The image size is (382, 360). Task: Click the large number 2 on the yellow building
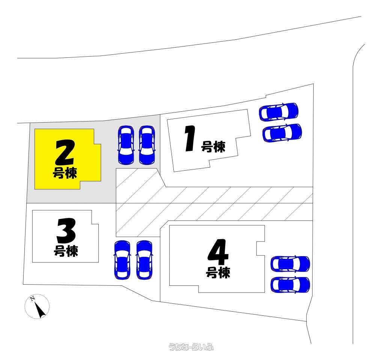65,153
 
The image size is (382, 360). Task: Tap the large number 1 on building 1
190,138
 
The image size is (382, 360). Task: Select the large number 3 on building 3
66,230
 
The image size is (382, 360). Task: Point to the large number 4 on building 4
218,252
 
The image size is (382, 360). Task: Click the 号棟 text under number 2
65,173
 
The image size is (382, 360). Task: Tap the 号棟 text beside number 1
213,147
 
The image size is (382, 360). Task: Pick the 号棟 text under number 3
66,251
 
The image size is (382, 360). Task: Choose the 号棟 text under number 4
218,273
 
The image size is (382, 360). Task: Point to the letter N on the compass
32,298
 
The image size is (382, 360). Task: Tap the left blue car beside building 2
126,145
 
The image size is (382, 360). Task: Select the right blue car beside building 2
147,145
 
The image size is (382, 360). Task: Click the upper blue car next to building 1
279,112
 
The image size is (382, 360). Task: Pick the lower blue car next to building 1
282,133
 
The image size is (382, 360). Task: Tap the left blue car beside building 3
122,260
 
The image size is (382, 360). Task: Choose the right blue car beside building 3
144,260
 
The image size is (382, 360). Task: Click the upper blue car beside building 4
290,264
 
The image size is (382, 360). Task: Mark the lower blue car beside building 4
290,285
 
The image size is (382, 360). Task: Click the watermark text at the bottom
191,347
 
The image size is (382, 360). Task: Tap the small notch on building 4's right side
260,248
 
